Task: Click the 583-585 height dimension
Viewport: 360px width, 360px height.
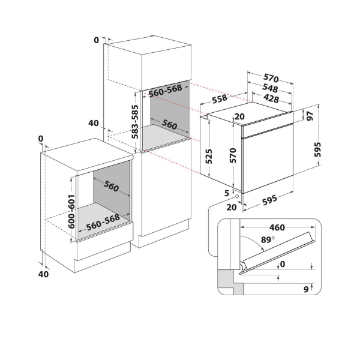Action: [136, 122]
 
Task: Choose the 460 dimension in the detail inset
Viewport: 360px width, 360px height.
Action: [276, 229]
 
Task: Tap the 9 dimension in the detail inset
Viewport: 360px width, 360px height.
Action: [305, 289]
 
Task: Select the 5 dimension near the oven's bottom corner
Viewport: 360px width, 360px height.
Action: [226, 193]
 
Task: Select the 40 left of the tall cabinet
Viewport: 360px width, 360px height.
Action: [93, 124]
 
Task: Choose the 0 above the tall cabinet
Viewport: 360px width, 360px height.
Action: [96, 40]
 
